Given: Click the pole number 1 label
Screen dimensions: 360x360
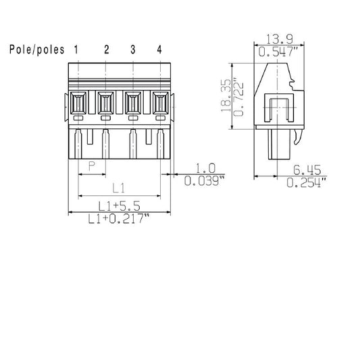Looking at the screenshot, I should [x=77, y=49].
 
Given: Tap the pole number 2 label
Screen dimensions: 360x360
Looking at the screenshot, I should [x=106, y=49].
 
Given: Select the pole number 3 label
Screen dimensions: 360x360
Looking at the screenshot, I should [x=132, y=49].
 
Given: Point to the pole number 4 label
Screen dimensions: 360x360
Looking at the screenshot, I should [x=159, y=49].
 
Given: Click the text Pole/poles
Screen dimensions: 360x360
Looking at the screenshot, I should [x=37, y=49].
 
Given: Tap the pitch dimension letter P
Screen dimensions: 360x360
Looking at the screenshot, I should [x=92, y=166].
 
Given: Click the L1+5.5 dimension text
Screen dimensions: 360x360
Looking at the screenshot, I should [x=118, y=205].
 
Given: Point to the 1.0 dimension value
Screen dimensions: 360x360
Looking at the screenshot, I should [x=205, y=169].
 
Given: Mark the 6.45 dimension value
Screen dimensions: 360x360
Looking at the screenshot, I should [x=306, y=170].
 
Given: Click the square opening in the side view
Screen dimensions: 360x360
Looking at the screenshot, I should [x=278, y=111].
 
